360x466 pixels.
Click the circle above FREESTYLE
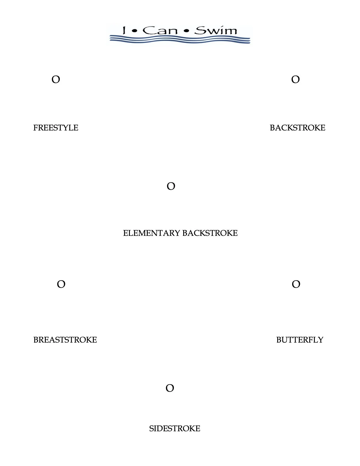click(56, 80)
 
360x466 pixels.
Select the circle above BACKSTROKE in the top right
click(295, 80)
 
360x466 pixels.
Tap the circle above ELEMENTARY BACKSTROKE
click(171, 186)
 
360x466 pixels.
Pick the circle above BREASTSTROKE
click(61, 284)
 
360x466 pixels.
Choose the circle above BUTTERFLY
click(296, 284)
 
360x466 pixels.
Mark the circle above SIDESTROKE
click(170, 388)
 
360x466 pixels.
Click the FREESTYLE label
click(56, 128)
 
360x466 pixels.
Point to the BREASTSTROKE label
click(65, 339)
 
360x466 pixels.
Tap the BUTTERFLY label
click(300, 339)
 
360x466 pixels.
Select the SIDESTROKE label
click(174, 428)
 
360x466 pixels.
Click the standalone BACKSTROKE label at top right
click(297, 128)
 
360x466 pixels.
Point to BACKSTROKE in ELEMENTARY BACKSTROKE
click(210, 233)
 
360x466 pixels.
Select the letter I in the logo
click(124, 30)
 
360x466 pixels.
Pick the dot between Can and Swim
click(186, 31)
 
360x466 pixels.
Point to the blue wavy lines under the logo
click(180, 40)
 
